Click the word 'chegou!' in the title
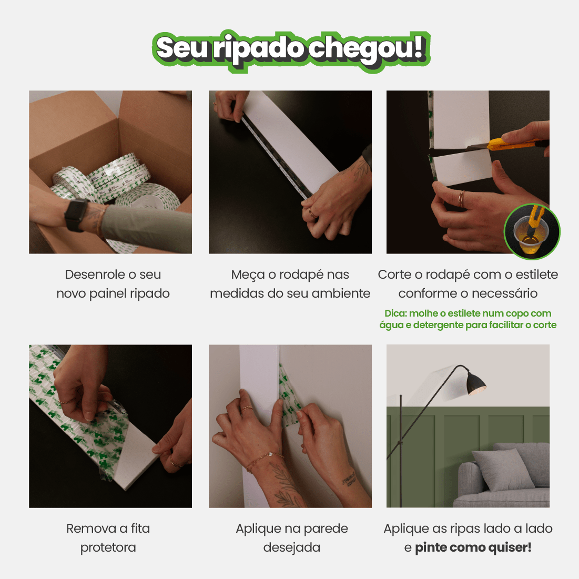(x=366, y=49)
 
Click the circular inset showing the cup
(x=532, y=232)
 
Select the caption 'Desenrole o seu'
(x=113, y=275)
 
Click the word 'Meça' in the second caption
(x=247, y=275)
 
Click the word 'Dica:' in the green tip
(x=395, y=313)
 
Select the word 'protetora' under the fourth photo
(x=108, y=547)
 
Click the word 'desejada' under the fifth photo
(x=291, y=547)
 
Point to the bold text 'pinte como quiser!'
(x=473, y=547)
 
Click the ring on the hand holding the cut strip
(x=461, y=199)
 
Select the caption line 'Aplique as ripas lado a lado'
(x=468, y=529)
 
